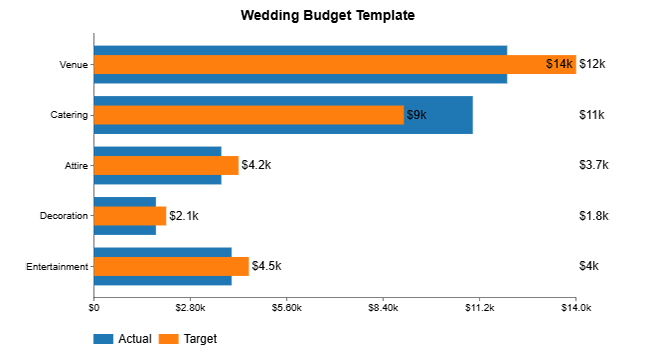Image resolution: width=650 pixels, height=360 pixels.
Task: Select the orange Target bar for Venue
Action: click(x=320, y=65)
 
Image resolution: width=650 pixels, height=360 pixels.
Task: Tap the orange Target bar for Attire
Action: click(x=166, y=165)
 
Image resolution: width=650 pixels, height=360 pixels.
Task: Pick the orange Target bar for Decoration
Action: click(x=130, y=215)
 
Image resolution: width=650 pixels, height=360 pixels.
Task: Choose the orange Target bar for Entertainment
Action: click(x=171, y=266)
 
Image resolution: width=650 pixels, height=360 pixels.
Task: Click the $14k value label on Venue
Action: click(x=560, y=65)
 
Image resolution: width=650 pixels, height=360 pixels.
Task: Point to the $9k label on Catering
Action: click(x=416, y=115)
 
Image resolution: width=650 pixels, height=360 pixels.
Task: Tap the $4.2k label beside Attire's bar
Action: click(x=256, y=165)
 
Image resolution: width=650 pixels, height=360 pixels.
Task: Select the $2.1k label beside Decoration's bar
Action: click(x=184, y=215)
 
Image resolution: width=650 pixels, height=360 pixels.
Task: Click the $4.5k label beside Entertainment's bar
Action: click(x=266, y=266)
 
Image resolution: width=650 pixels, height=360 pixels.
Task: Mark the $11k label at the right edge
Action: click(x=592, y=115)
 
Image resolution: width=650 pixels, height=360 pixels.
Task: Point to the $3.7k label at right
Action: click(x=594, y=165)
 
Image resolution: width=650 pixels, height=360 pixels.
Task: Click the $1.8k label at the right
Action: click(x=594, y=215)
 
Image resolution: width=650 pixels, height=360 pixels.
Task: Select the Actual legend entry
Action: click(x=123, y=339)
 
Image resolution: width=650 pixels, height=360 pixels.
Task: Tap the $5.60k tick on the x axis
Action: click(x=287, y=307)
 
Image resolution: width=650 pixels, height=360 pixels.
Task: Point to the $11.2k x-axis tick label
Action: click(x=480, y=307)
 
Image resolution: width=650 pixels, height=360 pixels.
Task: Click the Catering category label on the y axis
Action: click(x=69, y=115)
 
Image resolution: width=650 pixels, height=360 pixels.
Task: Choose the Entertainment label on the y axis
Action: click(x=58, y=266)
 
